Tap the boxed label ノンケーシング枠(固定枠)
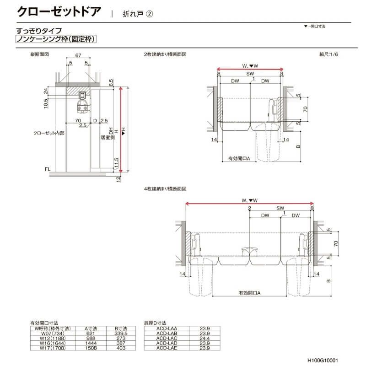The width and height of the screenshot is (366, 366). point(56,40)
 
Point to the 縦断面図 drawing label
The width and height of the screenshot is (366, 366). point(39,54)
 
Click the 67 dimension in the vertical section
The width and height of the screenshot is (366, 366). point(79,55)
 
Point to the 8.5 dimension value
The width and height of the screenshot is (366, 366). point(111,82)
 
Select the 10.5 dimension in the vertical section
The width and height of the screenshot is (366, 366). point(46,104)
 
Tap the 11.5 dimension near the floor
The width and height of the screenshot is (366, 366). point(117,162)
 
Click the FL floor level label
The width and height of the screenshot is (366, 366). point(47,170)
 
